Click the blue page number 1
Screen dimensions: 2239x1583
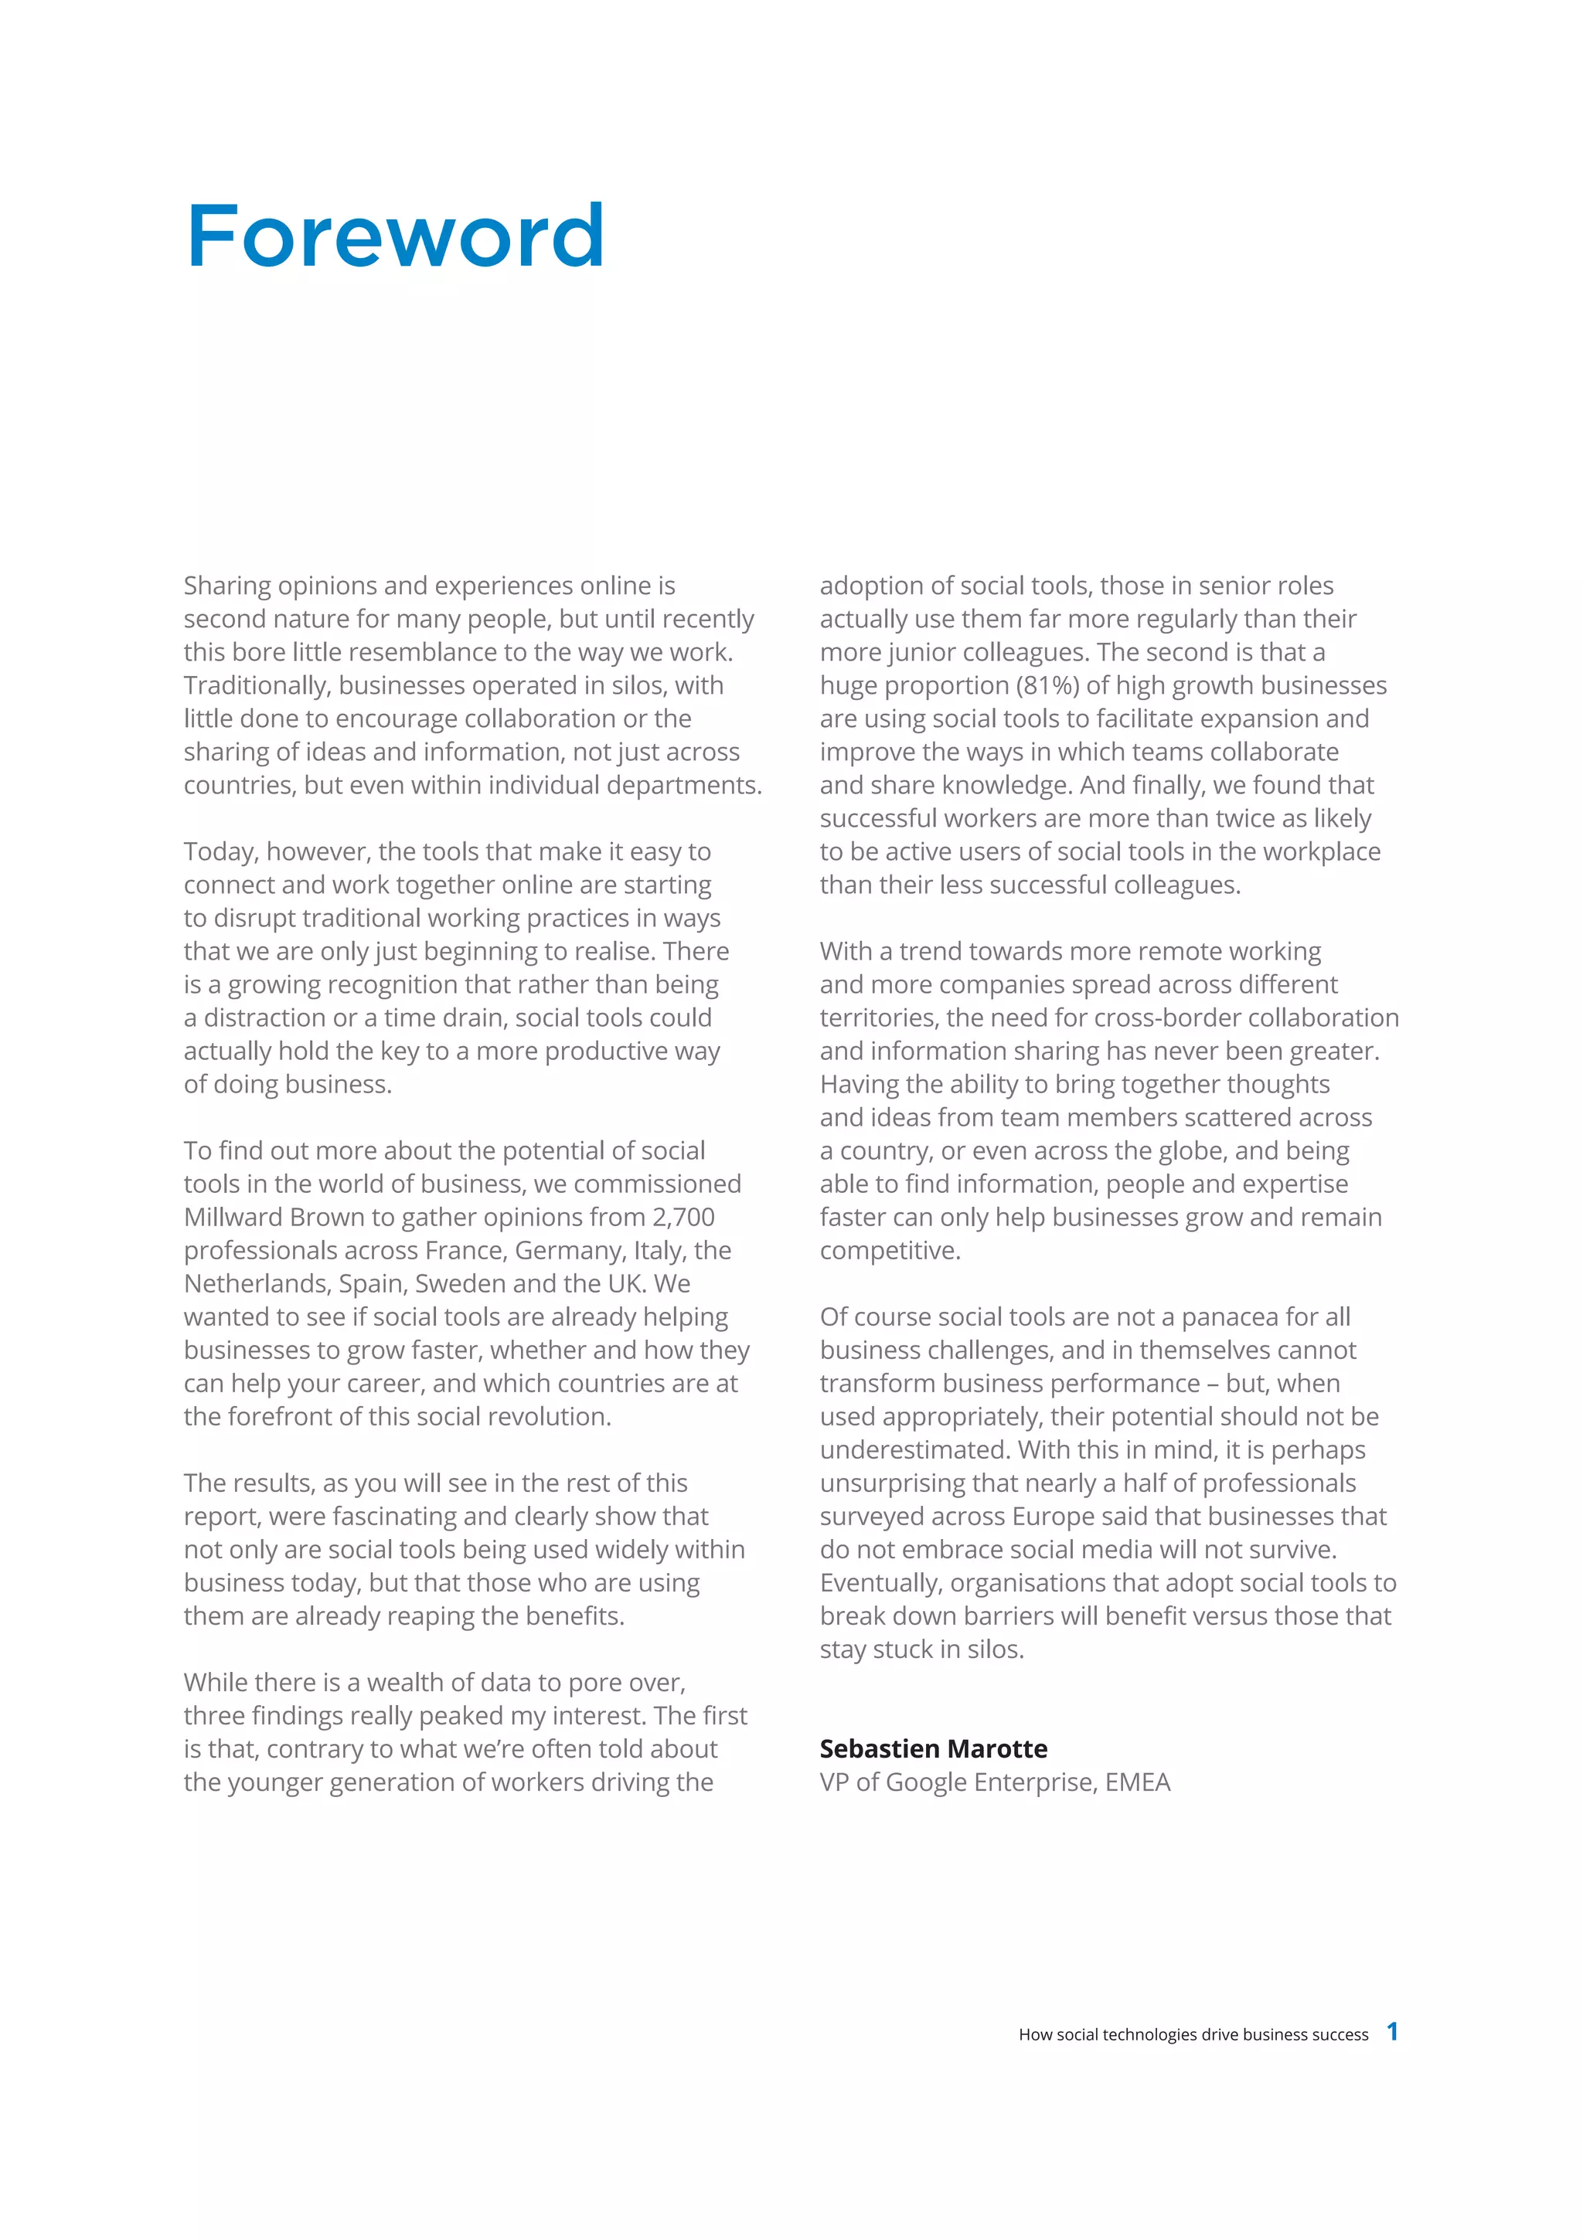click(1393, 2031)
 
